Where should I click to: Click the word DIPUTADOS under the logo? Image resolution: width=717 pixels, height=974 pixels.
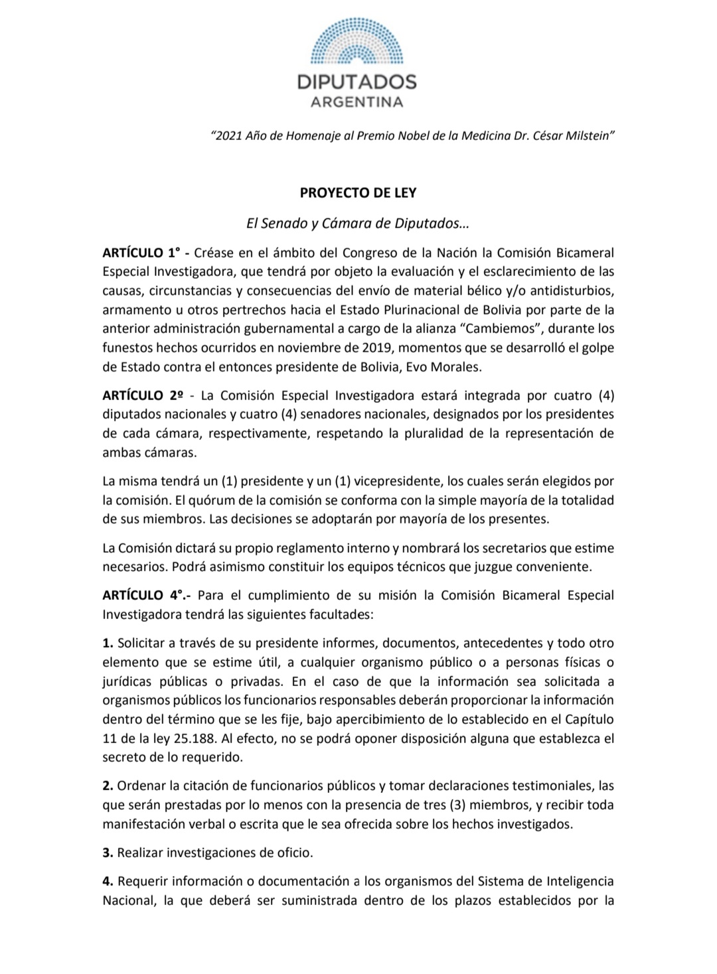click(357, 82)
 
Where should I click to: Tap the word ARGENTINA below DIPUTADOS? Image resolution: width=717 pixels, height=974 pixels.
click(357, 102)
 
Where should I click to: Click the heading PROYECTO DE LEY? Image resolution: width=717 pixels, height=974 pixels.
click(358, 193)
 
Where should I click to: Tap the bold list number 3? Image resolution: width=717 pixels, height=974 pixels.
click(106, 853)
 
